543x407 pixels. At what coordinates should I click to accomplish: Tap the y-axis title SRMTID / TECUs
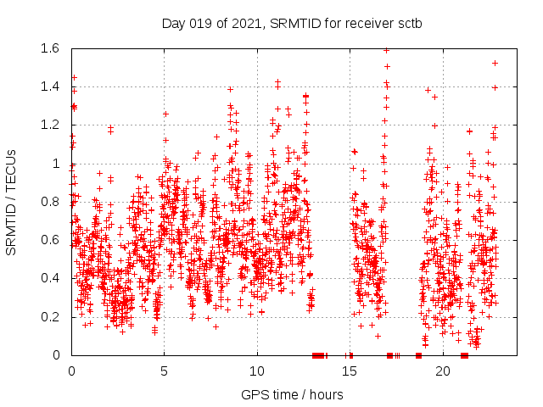tap(12, 202)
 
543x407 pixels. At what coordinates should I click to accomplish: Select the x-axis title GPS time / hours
tap(292, 394)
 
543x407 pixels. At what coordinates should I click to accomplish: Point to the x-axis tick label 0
tap(71, 371)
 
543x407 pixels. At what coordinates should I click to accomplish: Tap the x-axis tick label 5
tap(164, 371)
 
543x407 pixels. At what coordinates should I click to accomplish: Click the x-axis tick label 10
tap(257, 371)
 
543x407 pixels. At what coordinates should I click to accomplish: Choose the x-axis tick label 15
tap(350, 371)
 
